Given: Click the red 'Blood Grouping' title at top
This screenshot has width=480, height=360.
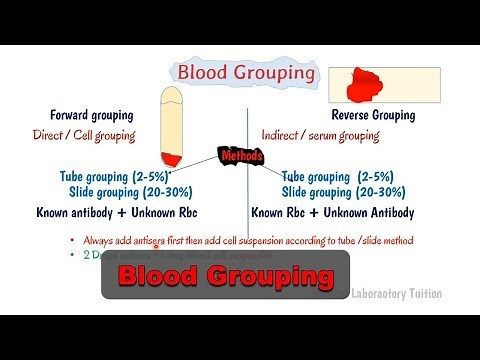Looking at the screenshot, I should click(245, 73).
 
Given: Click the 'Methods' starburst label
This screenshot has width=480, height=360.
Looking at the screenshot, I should click(240, 157).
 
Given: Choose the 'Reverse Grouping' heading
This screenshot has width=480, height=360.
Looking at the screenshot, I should click(372, 115).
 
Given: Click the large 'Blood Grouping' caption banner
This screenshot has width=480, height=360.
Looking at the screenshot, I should click(225, 275).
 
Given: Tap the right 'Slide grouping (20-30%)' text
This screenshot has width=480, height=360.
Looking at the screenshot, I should click(343, 192).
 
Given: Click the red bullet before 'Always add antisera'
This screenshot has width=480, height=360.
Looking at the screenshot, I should click(72, 241).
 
